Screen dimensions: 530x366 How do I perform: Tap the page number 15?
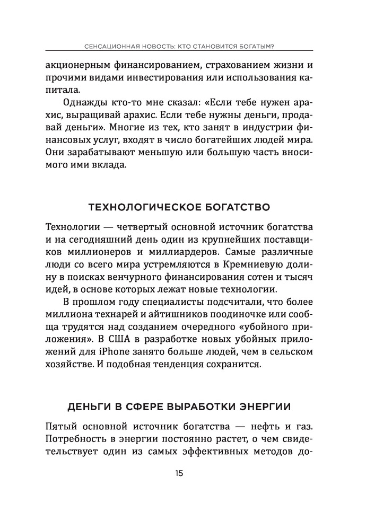178,473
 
